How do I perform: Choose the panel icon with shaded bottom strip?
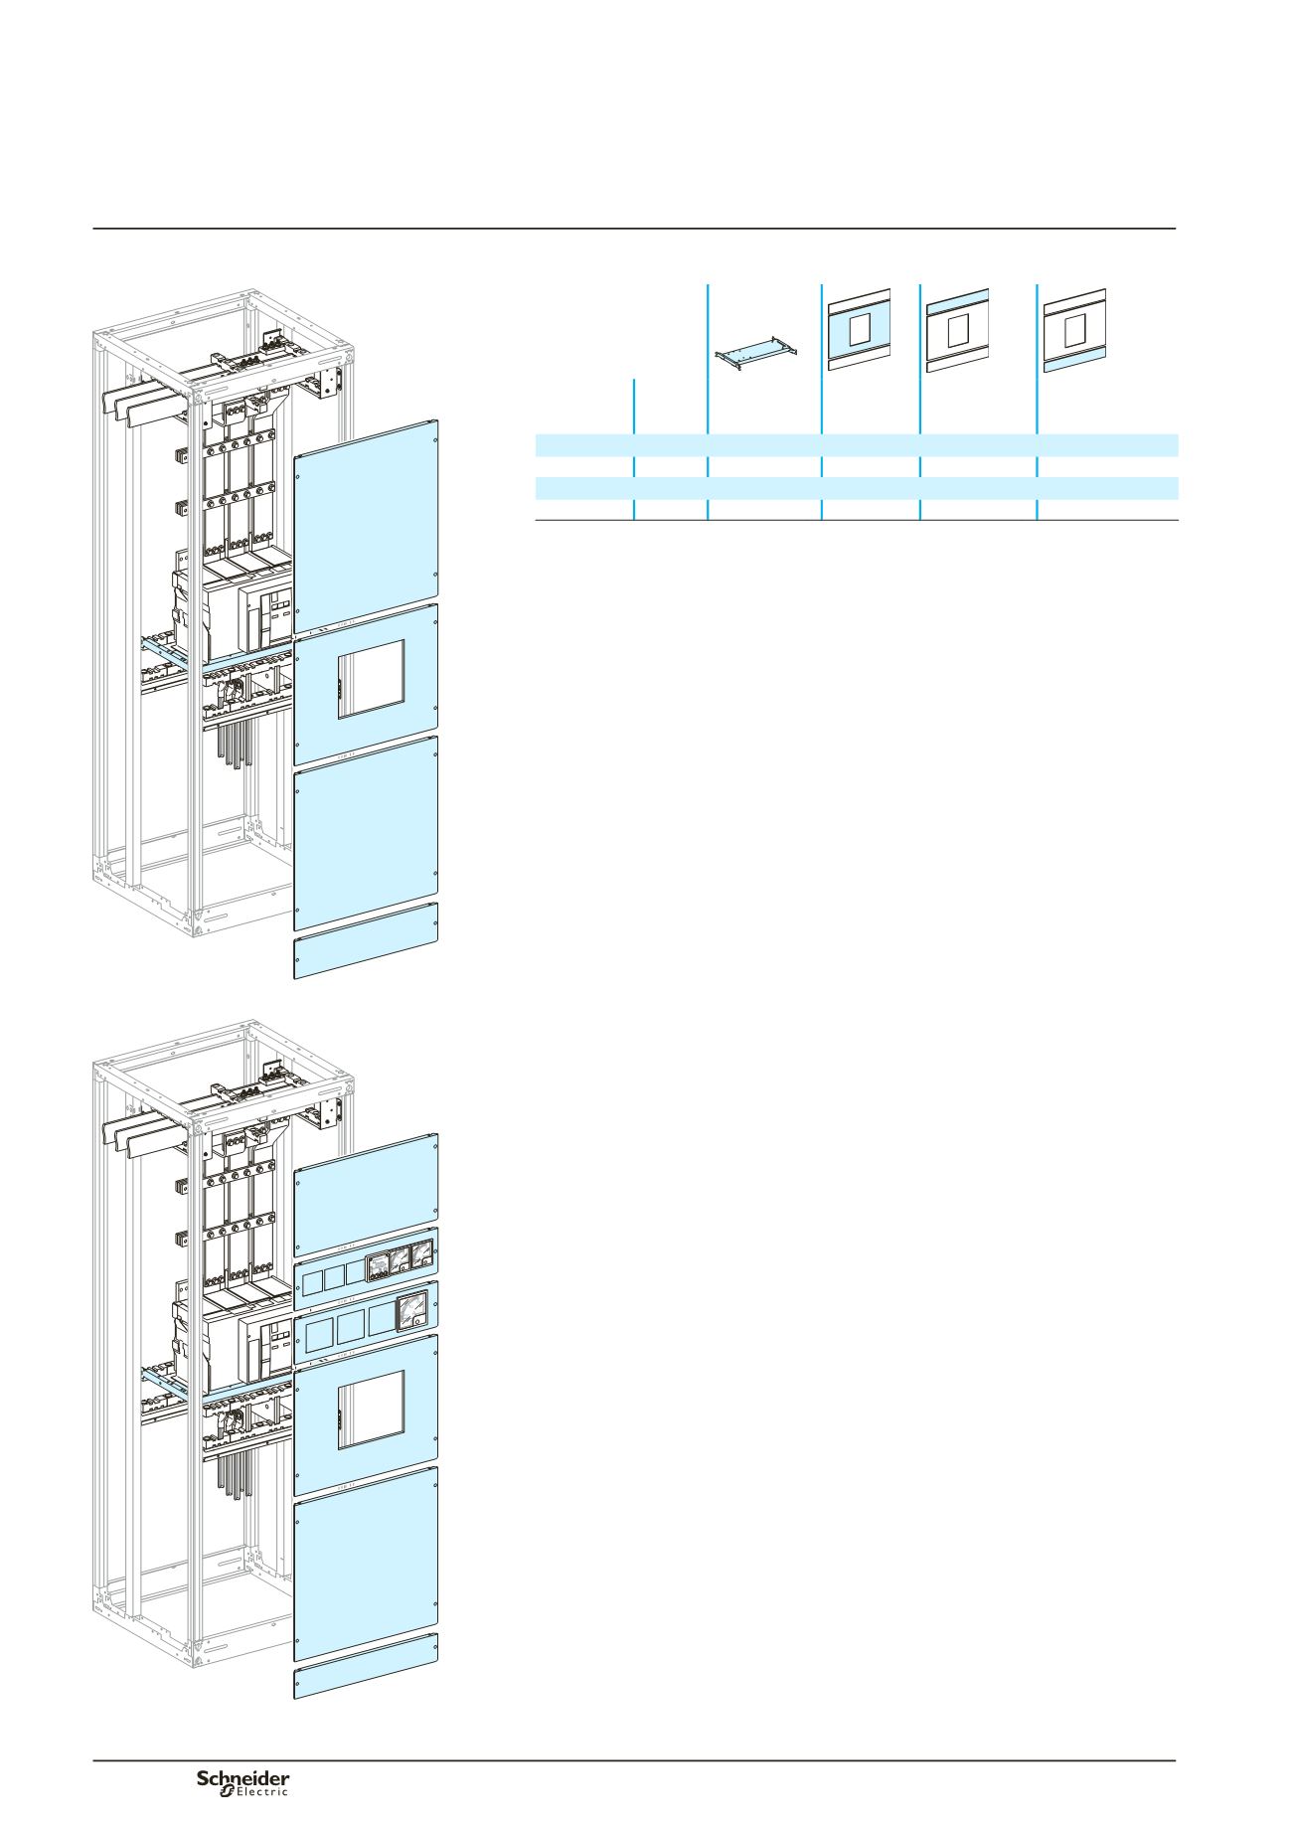[1076, 329]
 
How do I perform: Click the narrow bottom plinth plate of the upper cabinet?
[367, 940]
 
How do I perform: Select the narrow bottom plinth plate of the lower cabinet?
[367, 1670]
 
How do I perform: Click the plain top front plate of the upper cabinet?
[367, 526]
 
